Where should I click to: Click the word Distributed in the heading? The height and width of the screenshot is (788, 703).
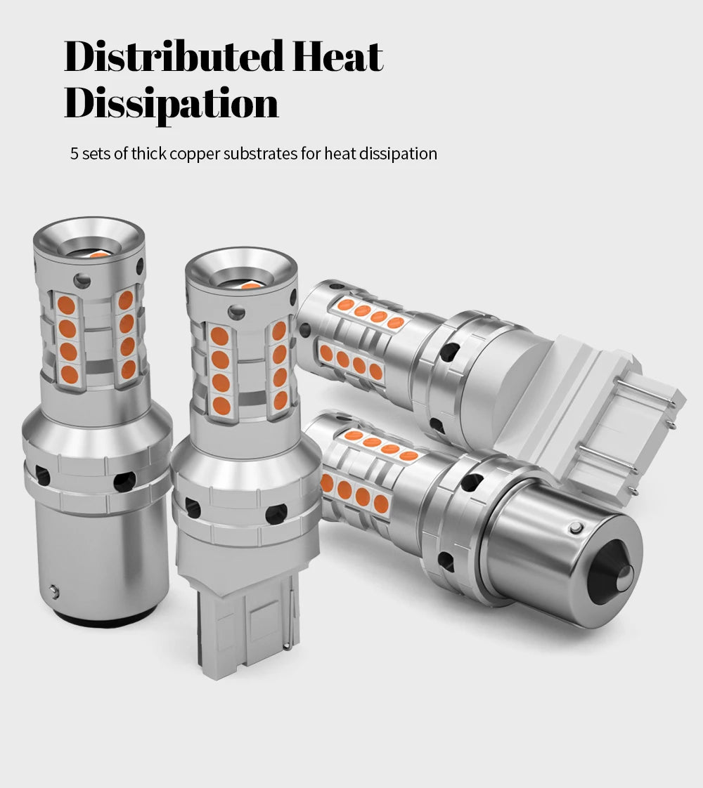pyautogui.click(x=174, y=55)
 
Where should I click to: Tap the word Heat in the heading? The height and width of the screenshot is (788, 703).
pyautogui.click(x=337, y=55)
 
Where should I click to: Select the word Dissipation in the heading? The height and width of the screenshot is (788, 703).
pyautogui.click(x=171, y=104)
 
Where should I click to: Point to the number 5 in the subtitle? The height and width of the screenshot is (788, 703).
pyautogui.click(x=74, y=153)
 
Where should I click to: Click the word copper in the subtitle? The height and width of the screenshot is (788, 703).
pyautogui.click(x=195, y=154)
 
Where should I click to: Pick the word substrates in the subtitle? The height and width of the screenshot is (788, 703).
pyautogui.click(x=260, y=153)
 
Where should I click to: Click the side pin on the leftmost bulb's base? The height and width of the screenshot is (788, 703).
pyautogui.click(x=54, y=591)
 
